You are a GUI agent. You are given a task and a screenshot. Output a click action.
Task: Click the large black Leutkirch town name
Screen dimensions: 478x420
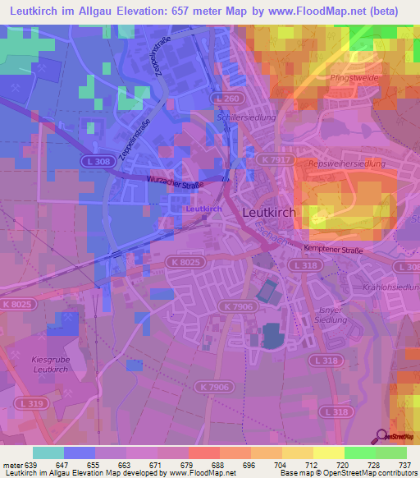pyautogui.click(x=270, y=212)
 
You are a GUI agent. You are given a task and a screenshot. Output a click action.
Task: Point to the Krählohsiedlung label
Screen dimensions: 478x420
pyautogui.click(x=390, y=287)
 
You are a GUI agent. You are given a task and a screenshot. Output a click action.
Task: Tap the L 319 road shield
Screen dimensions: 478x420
pyautogui.click(x=34, y=404)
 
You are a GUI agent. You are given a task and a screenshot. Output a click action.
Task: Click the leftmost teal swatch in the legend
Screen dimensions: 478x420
pyautogui.click(x=48, y=453)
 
